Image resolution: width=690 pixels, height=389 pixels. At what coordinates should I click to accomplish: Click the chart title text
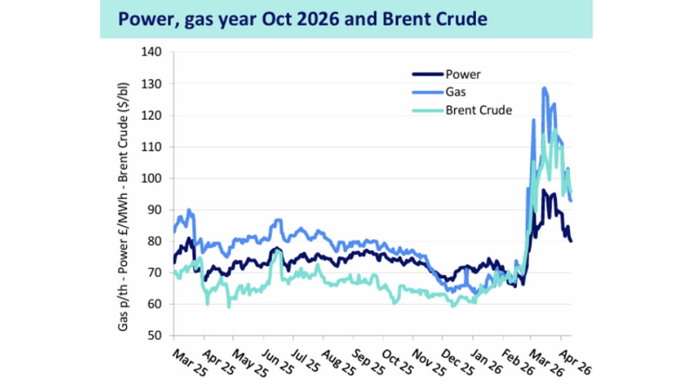click(302, 19)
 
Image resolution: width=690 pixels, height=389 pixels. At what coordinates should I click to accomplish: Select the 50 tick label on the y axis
click(155, 336)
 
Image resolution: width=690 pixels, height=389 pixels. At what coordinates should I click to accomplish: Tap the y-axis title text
click(124, 207)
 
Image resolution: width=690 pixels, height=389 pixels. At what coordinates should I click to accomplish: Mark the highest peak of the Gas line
click(544, 88)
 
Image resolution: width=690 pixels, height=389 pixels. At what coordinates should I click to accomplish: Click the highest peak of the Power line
click(544, 190)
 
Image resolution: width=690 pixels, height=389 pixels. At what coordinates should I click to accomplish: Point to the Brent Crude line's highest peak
click(554, 129)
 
